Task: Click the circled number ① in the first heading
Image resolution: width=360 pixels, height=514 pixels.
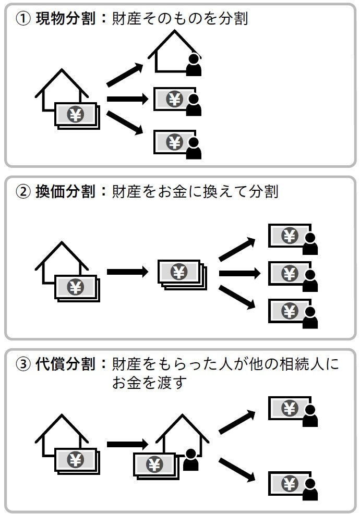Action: pyautogui.click(x=23, y=19)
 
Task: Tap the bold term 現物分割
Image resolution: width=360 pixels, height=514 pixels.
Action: pyautogui.click(x=65, y=19)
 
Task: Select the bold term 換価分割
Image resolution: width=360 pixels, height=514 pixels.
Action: pyautogui.click(x=65, y=192)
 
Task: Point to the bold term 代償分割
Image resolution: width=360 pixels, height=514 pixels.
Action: pyautogui.click(x=65, y=364)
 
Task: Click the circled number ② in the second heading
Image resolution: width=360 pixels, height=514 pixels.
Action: pyautogui.click(x=23, y=192)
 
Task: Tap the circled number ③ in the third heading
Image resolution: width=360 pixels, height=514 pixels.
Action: pyautogui.click(x=23, y=364)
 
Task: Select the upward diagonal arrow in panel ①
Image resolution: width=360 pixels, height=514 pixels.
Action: pyautogui.click(x=125, y=75)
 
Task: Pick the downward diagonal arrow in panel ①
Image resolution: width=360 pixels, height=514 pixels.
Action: pyautogui.click(x=125, y=123)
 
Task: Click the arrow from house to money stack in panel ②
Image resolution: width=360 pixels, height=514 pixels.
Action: pyautogui.click(x=127, y=272)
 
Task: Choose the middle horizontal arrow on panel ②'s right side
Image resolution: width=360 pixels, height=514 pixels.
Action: pyautogui.click(x=239, y=273)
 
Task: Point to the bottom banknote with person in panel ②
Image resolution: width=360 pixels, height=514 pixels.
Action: pyautogui.click(x=292, y=311)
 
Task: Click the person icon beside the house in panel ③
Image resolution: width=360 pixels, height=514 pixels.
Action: pyautogui.click(x=191, y=460)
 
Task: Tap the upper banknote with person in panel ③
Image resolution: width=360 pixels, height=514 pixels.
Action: pyautogui.click(x=292, y=410)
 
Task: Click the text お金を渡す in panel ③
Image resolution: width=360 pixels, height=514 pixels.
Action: pyautogui.click(x=149, y=383)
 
